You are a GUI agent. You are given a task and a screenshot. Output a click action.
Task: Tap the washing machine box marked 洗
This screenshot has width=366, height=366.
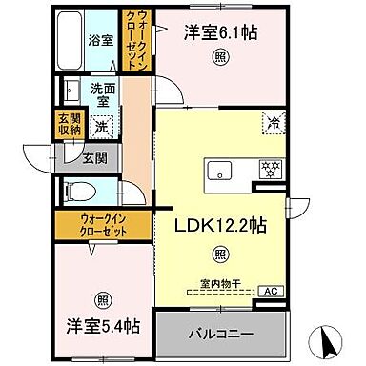click(102, 125)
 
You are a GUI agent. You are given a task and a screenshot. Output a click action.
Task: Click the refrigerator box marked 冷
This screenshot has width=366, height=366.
click(273, 122)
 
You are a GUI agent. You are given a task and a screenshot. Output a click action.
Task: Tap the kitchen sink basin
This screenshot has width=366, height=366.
click(220, 172)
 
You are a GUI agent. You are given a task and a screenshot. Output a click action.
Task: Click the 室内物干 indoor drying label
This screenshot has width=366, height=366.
click(220, 283)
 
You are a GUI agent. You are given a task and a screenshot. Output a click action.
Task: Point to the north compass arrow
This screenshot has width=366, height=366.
click(327, 338)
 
